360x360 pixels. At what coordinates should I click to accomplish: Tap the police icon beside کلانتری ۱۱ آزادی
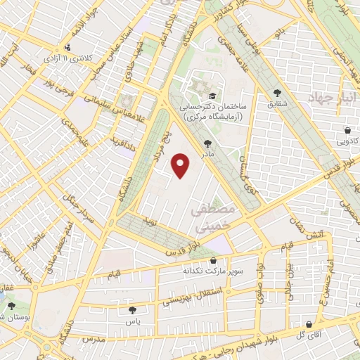point(67,47)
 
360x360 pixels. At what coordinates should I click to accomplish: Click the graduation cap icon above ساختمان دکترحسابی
point(210,95)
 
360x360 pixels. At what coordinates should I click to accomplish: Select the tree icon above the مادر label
point(206,143)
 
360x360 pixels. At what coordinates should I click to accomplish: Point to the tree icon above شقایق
point(278,92)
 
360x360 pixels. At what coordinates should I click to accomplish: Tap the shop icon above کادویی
point(348,130)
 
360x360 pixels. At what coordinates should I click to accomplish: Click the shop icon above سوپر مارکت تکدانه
point(214,260)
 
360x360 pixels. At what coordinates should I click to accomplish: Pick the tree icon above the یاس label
point(133,309)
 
